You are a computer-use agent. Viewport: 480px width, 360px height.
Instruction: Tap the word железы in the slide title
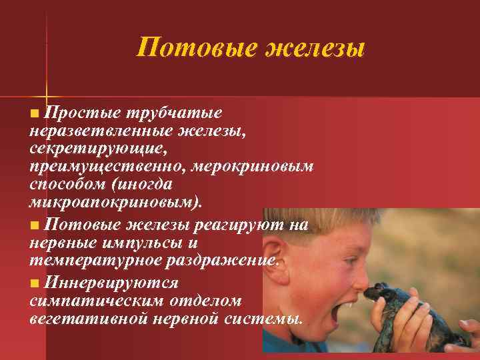tap(315, 48)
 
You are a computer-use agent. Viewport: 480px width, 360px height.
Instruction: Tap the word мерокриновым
tap(256, 166)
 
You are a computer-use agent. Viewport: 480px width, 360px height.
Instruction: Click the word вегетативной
tap(87, 318)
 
